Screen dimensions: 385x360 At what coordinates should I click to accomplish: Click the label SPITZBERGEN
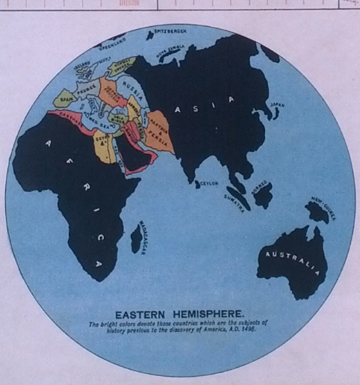click(x=170, y=31)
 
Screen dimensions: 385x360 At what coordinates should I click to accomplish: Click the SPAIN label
click(x=64, y=99)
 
